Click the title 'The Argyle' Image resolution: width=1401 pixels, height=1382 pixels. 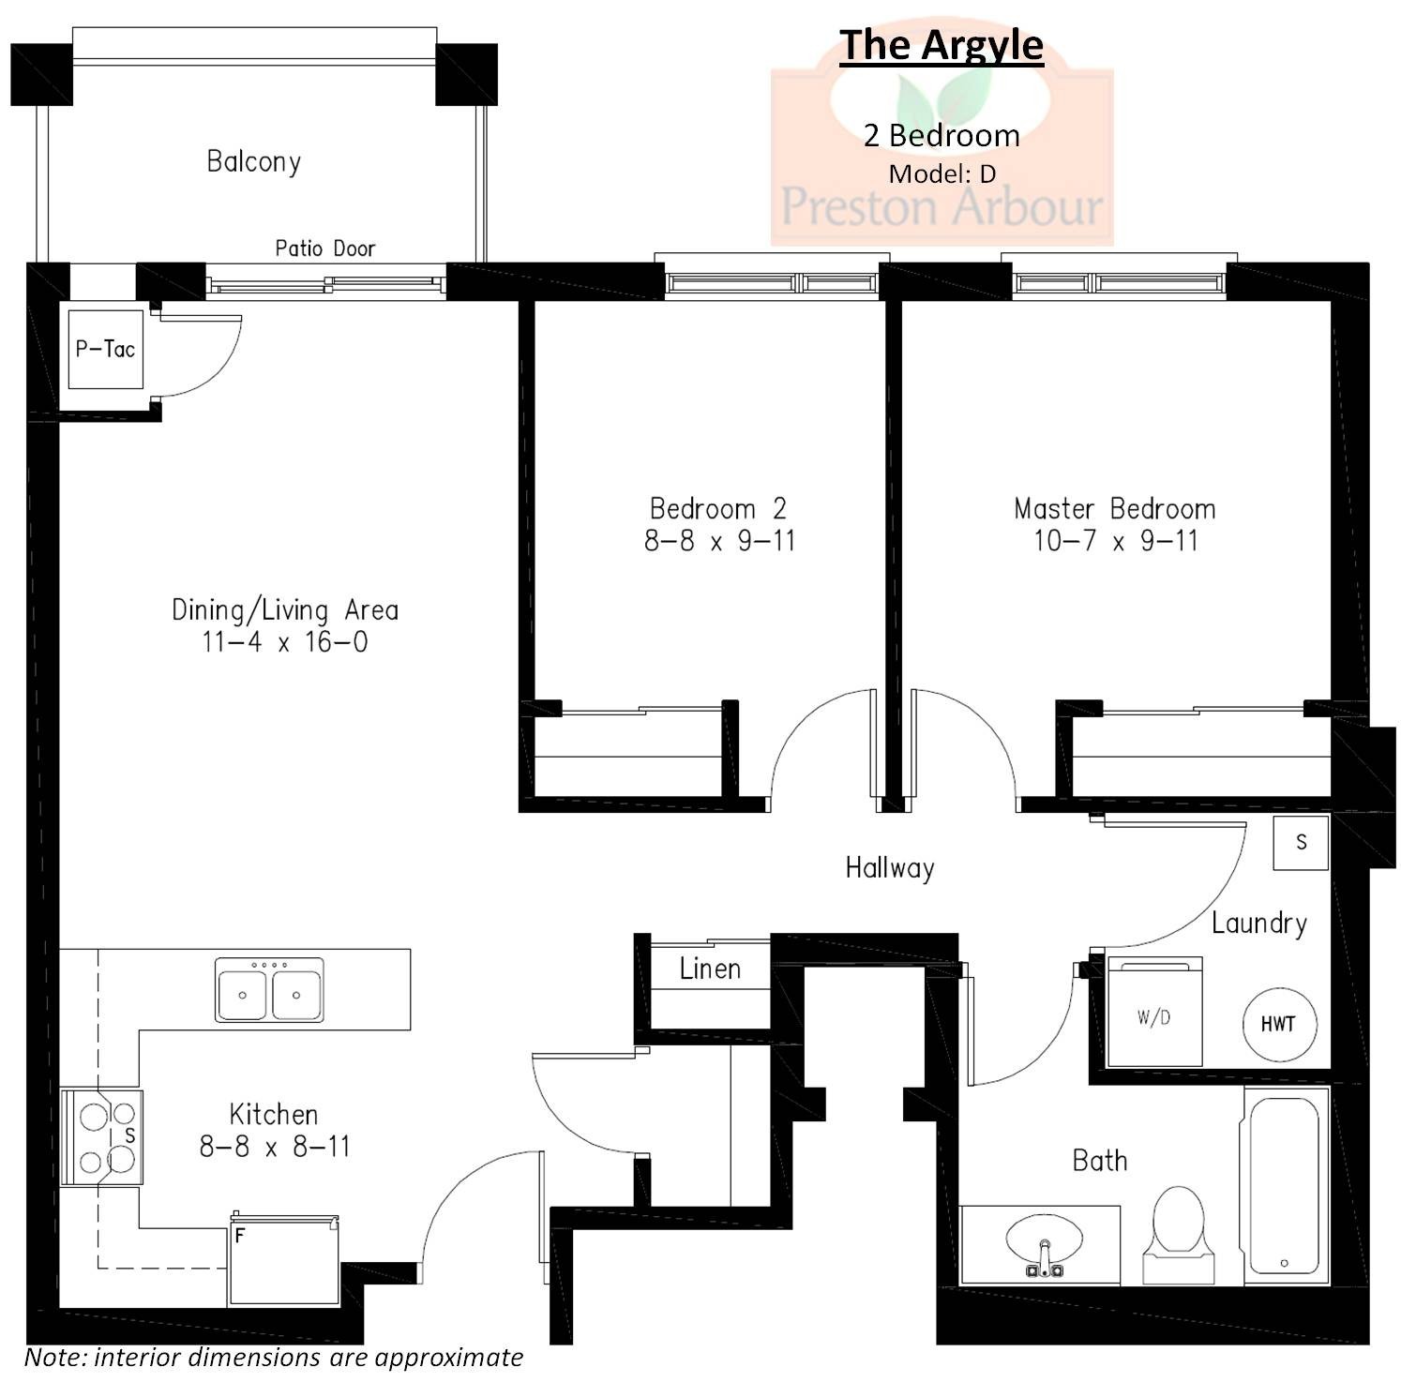pyautogui.click(x=941, y=45)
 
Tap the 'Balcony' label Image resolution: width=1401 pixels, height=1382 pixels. pyautogui.click(x=253, y=161)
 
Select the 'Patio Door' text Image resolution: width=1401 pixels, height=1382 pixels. pyautogui.click(x=324, y=248)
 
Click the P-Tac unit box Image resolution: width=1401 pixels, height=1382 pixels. pyautogui.click(x=106, y=350)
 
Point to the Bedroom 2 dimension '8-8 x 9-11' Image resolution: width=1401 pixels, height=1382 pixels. pyautogui.click(x=719, y=541)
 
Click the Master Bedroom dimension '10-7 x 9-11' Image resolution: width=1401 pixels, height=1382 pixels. pyautogui.click(x=1115, y=541)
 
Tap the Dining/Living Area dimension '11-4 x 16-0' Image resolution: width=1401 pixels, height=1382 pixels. pyautogui.click(x=284, y=642)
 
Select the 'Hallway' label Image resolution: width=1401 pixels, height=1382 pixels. pyautogui.click(x=889, y=867)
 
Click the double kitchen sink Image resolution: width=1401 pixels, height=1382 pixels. pyautogui.click(x=269, y=989)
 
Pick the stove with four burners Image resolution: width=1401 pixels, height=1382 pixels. pyautogui.click(x=102, y=1137)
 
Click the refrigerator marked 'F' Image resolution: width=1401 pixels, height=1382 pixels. pyautogui.click(x=283, y=1259)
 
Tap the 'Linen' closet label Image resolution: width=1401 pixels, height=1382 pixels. pyautogui.click(x=710, y=969)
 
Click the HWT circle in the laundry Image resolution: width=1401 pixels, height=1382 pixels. pyautogui.click(x=1279, y=1024)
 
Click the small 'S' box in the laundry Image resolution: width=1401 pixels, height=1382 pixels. pyautogui.click(x=1301, y=842)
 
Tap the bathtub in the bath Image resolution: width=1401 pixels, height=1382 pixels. pyautogui.click(x=1284, y=1185)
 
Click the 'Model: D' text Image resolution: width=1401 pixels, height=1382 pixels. pyautogui.click(x=942, y=173)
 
